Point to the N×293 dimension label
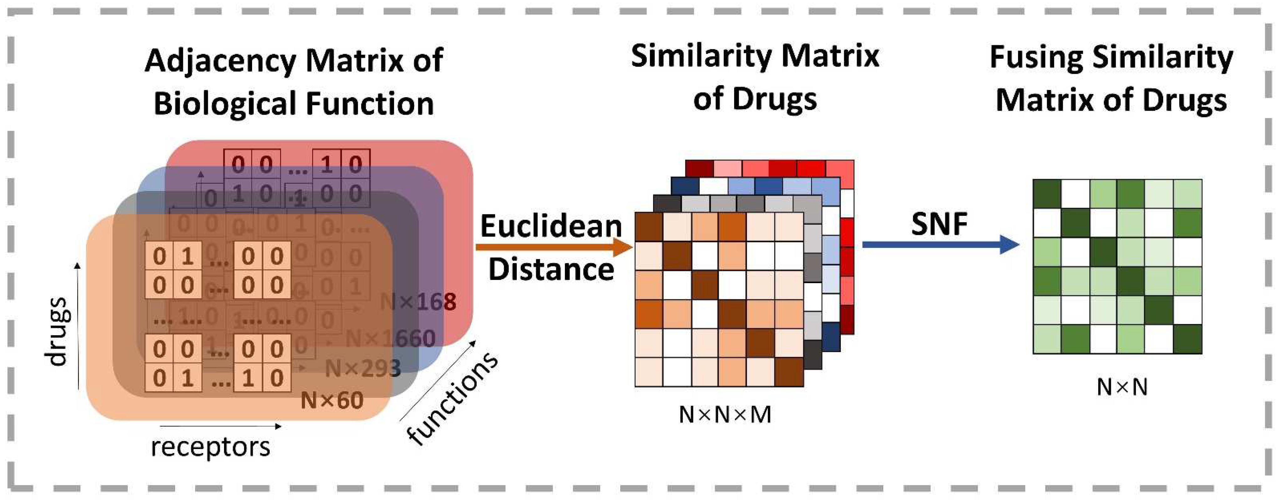click(x=362, y=368)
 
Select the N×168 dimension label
click(x=418, y=301)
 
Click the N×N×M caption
click(x=725, y=415)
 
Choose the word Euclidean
click(x=551, y=226)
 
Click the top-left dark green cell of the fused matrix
click(x=1047, y=194)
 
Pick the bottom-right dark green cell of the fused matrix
click(x=1188, y=339)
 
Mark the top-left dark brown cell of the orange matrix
click(x=649, y=227)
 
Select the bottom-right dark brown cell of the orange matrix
click(x=789, y=372)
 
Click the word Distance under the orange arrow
click(x=551, y=270)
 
